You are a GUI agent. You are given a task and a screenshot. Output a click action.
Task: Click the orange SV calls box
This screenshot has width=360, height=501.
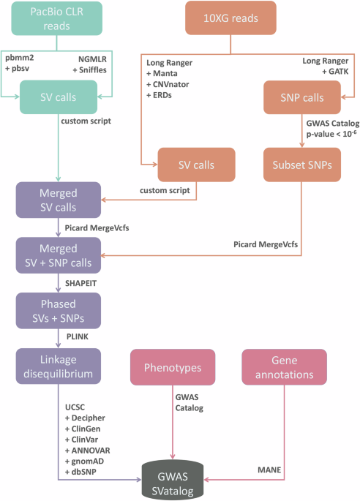point(195,164)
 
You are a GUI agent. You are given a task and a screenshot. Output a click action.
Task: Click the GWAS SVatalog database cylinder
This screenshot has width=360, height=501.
point(173,479)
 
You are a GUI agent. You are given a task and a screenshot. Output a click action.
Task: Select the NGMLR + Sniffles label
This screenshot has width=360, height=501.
point(97,59)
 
